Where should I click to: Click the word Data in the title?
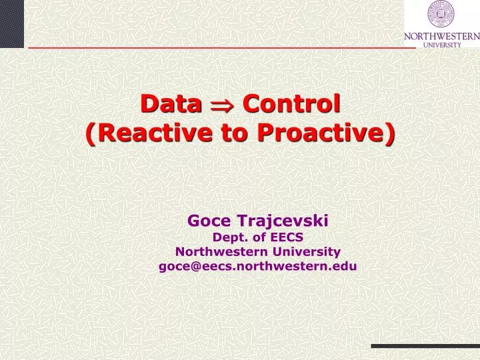pos(170,104)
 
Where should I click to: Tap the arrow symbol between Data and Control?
pos(222,105)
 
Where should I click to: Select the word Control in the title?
pos(291,104)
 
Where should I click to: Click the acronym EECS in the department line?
pos(287,236)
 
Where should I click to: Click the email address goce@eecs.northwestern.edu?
pos(257,266)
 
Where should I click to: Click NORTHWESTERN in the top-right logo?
pos(441,37)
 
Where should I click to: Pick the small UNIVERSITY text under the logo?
pos(441,45)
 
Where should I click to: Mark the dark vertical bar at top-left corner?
pos(11,23)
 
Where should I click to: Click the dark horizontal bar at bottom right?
pos(425,346)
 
